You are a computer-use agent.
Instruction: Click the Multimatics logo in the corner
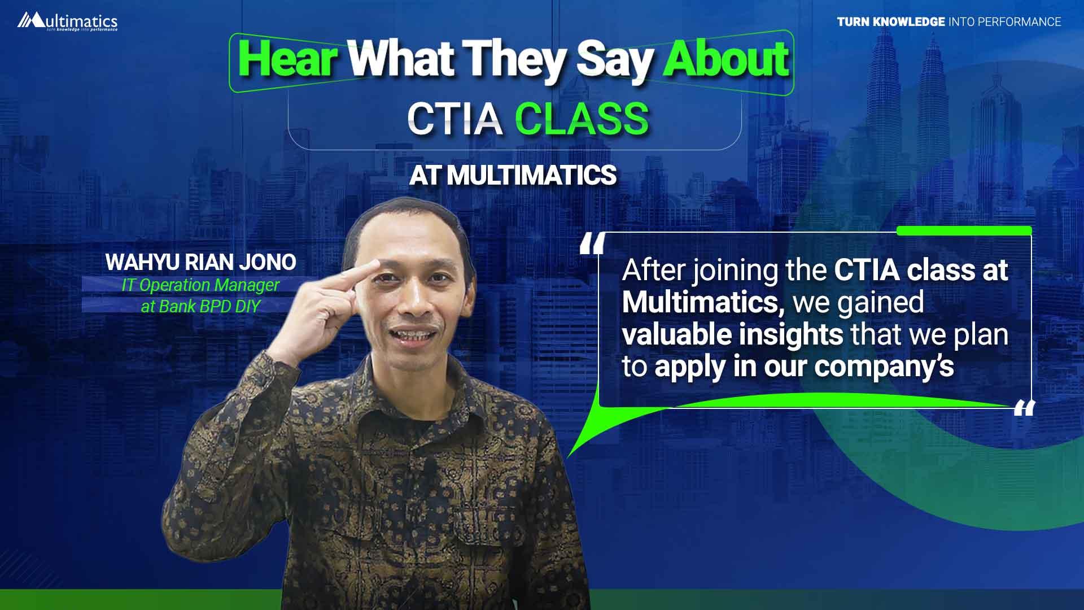pos(67,21)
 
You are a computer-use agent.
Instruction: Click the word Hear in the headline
pos(288,59)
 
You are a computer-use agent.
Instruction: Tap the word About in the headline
pos(726,59)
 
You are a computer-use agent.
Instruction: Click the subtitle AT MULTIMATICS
pos(513,175)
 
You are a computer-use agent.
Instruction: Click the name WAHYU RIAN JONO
pos(200,262)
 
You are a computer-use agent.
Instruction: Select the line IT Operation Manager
pos(200,286)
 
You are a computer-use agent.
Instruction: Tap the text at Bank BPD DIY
pos(200,306)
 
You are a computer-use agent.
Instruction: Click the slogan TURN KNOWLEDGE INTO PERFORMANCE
pos(949,21)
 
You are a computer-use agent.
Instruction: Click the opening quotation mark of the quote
pos(593,243)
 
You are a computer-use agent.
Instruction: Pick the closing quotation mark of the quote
pos(1024,407)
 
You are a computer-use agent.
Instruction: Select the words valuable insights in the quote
pos(732,334)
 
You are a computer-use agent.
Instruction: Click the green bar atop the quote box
pos(964,230)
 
